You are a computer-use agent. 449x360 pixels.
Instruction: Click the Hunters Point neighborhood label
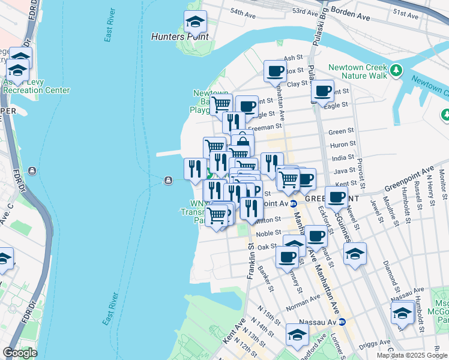tap(179, 37)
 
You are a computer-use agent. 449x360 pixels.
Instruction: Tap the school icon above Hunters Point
tap(195, 22)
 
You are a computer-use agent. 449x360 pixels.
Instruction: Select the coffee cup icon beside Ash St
tap(275, 71)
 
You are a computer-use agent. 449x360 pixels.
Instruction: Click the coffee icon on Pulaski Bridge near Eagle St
tap(322, 91)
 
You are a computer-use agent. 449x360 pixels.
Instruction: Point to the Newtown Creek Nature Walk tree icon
tap(395, 71)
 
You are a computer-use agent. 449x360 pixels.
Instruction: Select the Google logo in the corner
tap(20, 353)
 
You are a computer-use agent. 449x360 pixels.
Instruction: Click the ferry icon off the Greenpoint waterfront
tap(168, 180)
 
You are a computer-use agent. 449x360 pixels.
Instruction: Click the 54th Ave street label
tap(244, 13)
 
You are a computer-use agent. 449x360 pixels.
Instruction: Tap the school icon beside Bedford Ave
tap(297, 335)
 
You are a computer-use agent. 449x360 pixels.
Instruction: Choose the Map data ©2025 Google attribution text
tap(411, 355)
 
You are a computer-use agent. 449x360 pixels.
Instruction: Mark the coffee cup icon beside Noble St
tap(315, 236)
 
